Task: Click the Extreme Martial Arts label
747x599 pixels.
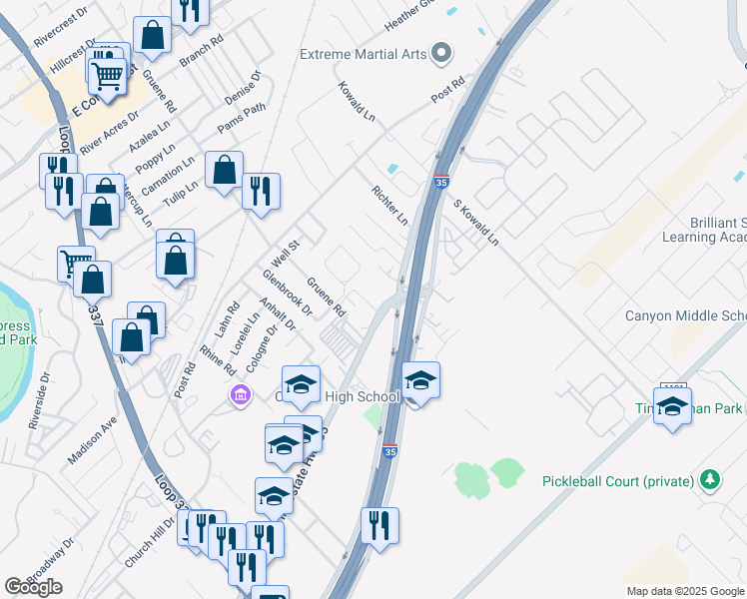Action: (x=364, y=53)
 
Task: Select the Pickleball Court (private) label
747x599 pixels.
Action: (x=617, y=481)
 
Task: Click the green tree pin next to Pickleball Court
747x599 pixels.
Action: (x=709, y=481)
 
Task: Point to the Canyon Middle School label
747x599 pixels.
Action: (x=685, y=316)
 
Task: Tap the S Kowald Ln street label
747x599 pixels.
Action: (x=475, y=223)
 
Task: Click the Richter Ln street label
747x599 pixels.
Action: (x=389, y=205)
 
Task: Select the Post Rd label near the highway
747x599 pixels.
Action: (x=448, y=91)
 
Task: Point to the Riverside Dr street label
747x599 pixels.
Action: (x=40, y=400)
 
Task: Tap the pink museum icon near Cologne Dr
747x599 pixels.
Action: (x=240, y=396)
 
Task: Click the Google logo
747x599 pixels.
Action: (x=33, y=587)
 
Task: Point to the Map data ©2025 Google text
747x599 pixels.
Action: (x=685, y=591)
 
